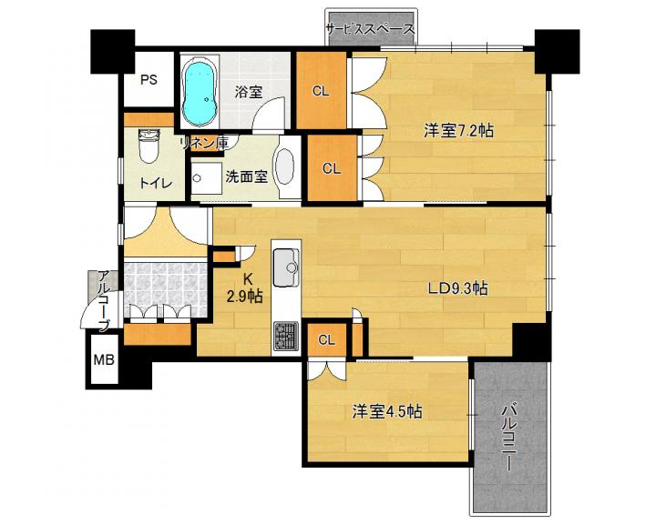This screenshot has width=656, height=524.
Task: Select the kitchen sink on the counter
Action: click(x=286, y=267)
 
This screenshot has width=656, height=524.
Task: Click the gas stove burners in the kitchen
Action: click(x=286, y=337)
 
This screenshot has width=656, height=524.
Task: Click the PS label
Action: click(x=149, y=79)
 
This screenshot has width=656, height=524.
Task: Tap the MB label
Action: click(x=104, y=359)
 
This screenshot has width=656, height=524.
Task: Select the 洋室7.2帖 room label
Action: click(x=458, y=131)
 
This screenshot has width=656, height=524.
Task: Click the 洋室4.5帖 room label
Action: click(x=386, y=412)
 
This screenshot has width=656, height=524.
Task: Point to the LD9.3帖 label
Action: click(x=457, y=287)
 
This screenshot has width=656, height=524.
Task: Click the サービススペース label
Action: click(x=370, y=29)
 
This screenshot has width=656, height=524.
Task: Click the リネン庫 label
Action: click(x=204, y=144)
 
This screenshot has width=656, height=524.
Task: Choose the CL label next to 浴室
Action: click(x=321, y=92)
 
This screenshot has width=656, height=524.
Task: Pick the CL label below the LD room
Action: click(x=327, y=340)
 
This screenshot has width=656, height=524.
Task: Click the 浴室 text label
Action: click(x=249, y=92)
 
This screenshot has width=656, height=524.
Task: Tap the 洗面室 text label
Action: click(x=246, y=176)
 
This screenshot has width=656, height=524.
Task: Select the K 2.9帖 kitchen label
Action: click(x=245, y=287)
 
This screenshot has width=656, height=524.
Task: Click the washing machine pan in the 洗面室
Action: click(x=207, y=178)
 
